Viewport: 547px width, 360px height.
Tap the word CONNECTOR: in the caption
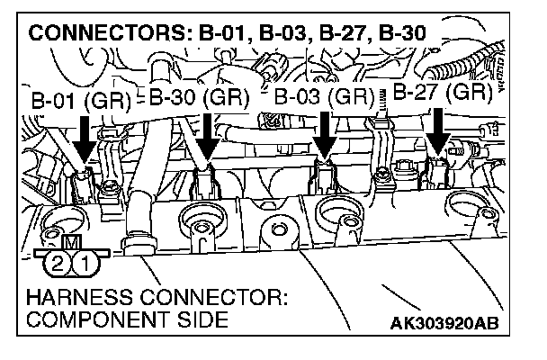pos(216,297)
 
